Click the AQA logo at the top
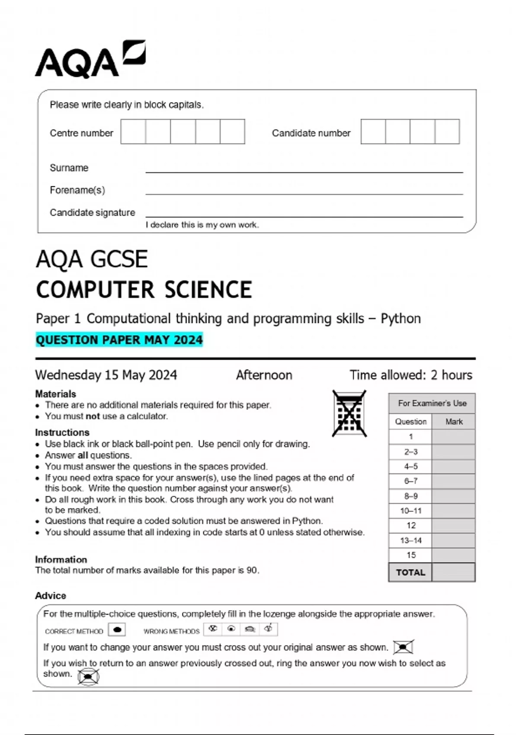[90, 60]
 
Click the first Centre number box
[133, 131]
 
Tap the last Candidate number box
[447, 131]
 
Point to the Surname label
[69, 168]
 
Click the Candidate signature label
[92, 212]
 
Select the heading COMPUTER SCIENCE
[144, 289]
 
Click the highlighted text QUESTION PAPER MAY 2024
[119, 340]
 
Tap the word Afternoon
[264, 375]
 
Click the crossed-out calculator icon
[349, 414]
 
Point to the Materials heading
[55, 394]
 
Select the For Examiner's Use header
[432, 403]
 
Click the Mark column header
[454, 422]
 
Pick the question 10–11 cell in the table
[410, 511]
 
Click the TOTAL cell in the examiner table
[410, 572]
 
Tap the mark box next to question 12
[453, 525]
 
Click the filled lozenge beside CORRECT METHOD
[117, 630]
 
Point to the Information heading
[61, 559]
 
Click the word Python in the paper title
[400, 319]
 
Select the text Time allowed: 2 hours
[411, 375]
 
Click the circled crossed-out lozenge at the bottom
[89, 677]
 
